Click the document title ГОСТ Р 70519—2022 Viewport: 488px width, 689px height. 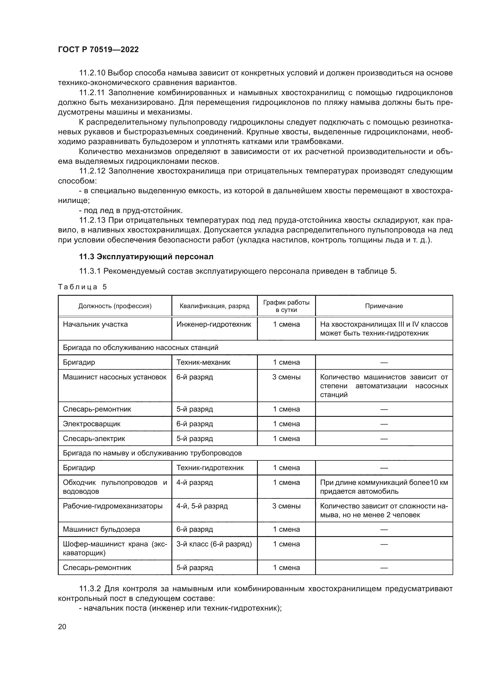pyautogui.click(x=98, y=50)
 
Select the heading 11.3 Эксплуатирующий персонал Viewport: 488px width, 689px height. pyautogui.click(x=146, y=257)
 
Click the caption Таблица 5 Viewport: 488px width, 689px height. pyautogui.click(x=82, y=287)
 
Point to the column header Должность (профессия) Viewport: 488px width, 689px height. pyautogui.click(x=115, y=306)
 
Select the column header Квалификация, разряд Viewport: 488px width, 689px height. pyautogui.click(x=214, y=306)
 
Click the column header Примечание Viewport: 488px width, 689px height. pyautogui.click(x=384, y=306)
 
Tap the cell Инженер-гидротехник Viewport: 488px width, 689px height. pyautogui.click(x=214, y=324)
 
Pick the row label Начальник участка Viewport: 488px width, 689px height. pyautogui.click(x=95, y=324)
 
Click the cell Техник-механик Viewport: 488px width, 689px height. pyautogui.click(x=203, y=362)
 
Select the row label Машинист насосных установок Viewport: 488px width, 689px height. pyautogui.click(x=114, y=377)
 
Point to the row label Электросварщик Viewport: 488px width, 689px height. pyautogui.click(x=92, y=424)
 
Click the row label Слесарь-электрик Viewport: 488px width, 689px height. pyautogui.click(x=94, y=438)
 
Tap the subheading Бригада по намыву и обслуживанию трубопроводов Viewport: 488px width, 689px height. pyautogui.click(x=152, y=453)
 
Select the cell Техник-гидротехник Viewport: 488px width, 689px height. pyautogui.click(x=210, y=468)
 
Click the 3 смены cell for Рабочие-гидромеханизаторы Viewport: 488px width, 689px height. pyautogui.click(x=286, y=506)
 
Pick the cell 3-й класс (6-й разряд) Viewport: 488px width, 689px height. pyautogui.click(x=214, y=544)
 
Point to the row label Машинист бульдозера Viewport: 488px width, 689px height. pyautogui.click(x=101, y=529)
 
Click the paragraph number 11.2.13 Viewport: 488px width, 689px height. pyautogui.click(x=92, y=220)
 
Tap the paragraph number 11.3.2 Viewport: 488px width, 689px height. pyautogui.click(x=90, y=589)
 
